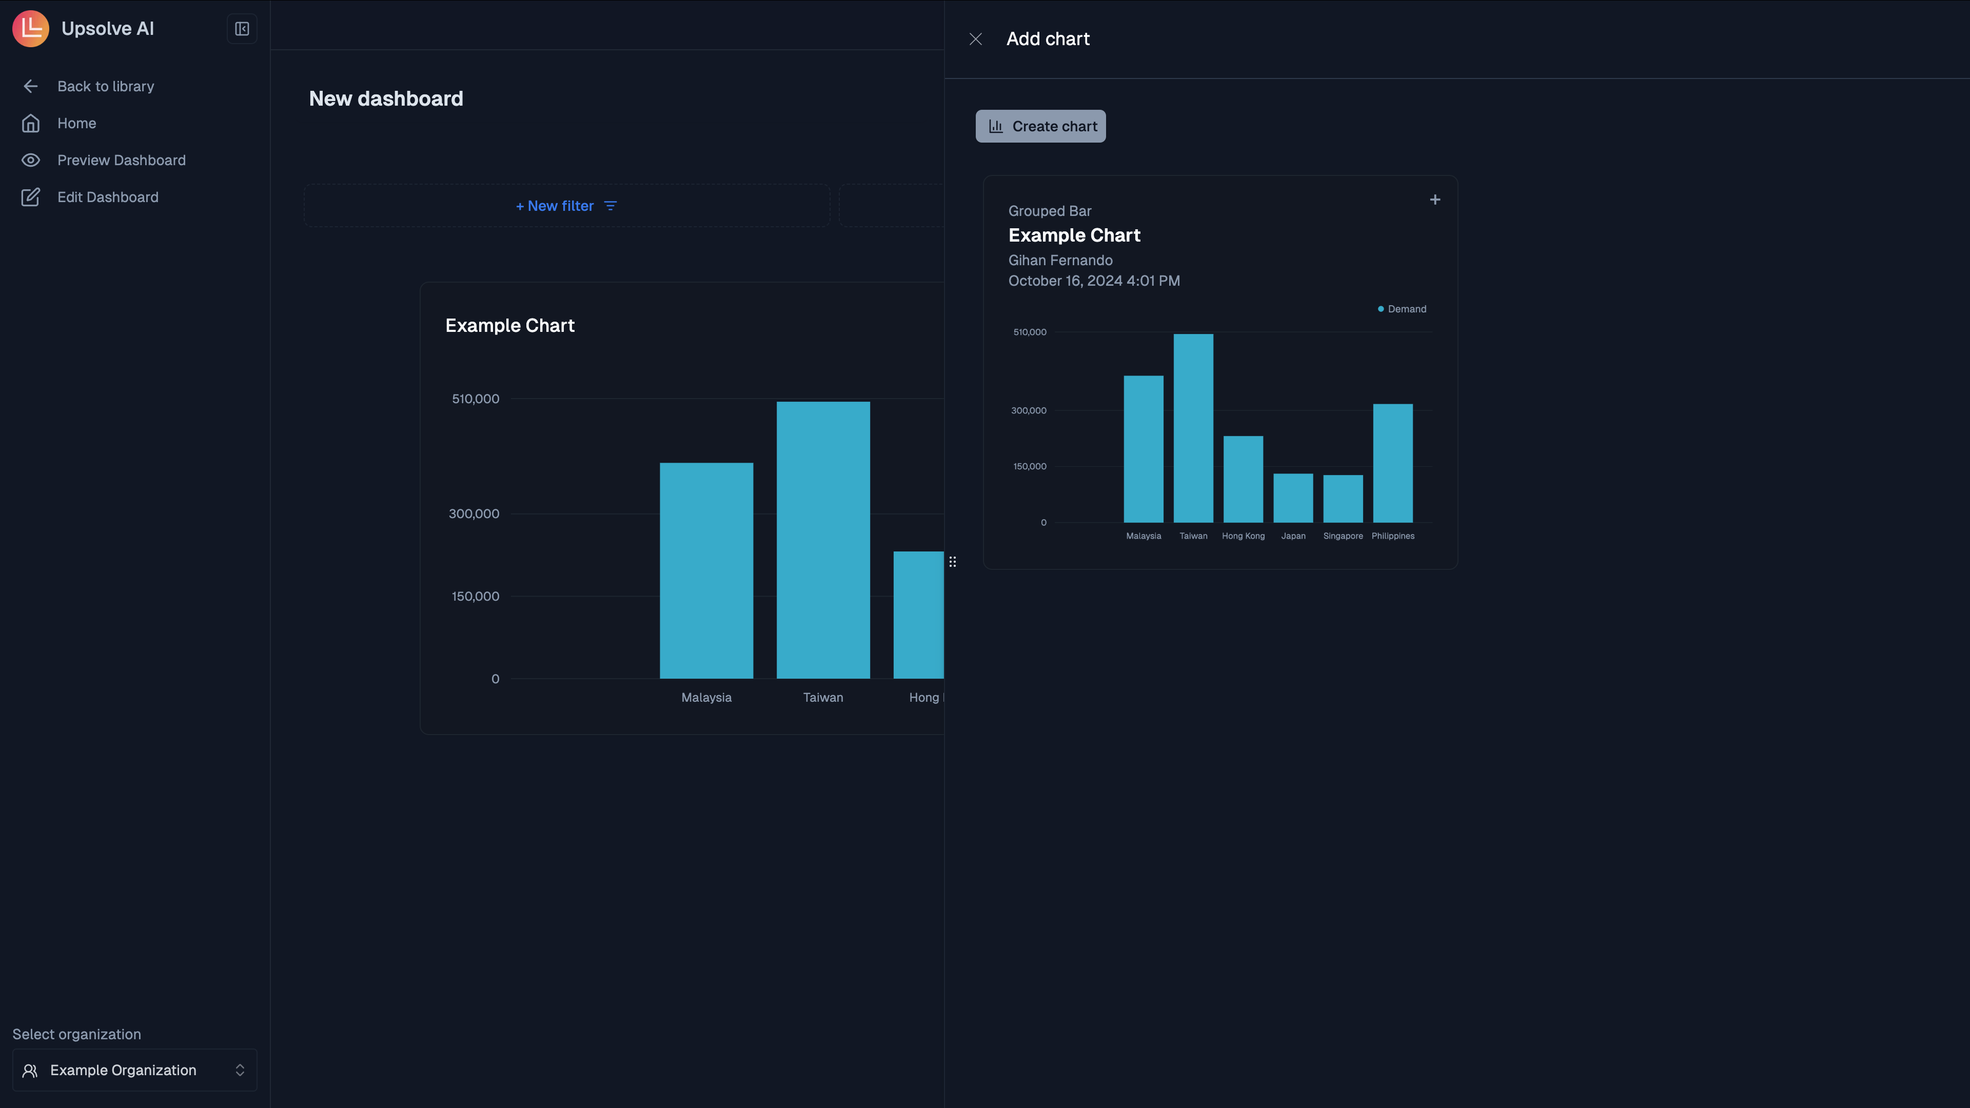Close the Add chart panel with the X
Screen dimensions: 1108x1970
[x=975, y=39]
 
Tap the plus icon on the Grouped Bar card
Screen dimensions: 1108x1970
[x=1435, y=200]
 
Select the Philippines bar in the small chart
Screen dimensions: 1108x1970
[x=1393, y=463]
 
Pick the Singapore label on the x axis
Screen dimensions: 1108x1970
[x=1343, y=536]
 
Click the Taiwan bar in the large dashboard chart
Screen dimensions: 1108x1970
[x=823, y=540]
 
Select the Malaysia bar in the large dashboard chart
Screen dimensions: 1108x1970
[x=706, y=570]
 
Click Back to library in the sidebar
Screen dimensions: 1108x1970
[x=106, y=86]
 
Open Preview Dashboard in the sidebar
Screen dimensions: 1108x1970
[x=121, y=161]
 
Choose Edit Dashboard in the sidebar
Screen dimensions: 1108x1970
[x=108, y=197]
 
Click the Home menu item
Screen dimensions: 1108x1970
[x=76, y=123]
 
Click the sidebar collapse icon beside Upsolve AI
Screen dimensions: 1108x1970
[x=242, y=29]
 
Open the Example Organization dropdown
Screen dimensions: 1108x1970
[x=134, y=1070]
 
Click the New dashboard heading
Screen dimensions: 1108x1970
[x=385, y=98]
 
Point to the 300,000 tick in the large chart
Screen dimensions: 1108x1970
[x=474, y=514]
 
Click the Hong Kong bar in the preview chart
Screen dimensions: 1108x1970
[x=1243, y=480]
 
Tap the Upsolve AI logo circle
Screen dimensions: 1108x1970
[x=31, y=29]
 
